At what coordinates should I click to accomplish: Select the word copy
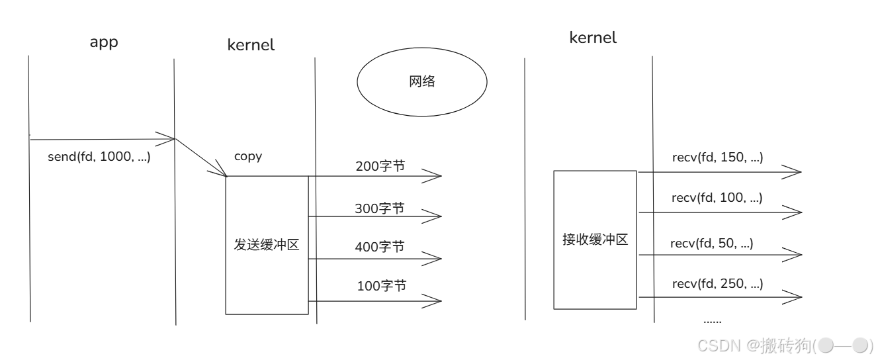coord(248,157)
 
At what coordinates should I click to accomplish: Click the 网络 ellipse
coord(422,82)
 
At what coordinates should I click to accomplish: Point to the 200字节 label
coord(380,167)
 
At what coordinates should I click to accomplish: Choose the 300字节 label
coord(380,208)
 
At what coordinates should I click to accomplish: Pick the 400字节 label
coord(380,247)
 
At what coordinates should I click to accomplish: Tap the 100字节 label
coord(381,287)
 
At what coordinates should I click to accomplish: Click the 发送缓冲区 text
coord(267,245)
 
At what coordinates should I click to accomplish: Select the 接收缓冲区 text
coord(595,240)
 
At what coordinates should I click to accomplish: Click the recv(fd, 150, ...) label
coord(717,158)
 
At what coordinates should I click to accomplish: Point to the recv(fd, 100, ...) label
coord(717,197)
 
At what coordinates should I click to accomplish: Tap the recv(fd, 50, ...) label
coord(711,244)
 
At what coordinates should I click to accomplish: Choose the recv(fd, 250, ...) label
coord(717,284)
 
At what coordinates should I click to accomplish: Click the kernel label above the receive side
coord(593,38)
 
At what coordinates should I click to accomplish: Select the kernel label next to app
coord(251,45)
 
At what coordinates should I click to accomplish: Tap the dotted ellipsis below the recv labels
coord(712,321)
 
